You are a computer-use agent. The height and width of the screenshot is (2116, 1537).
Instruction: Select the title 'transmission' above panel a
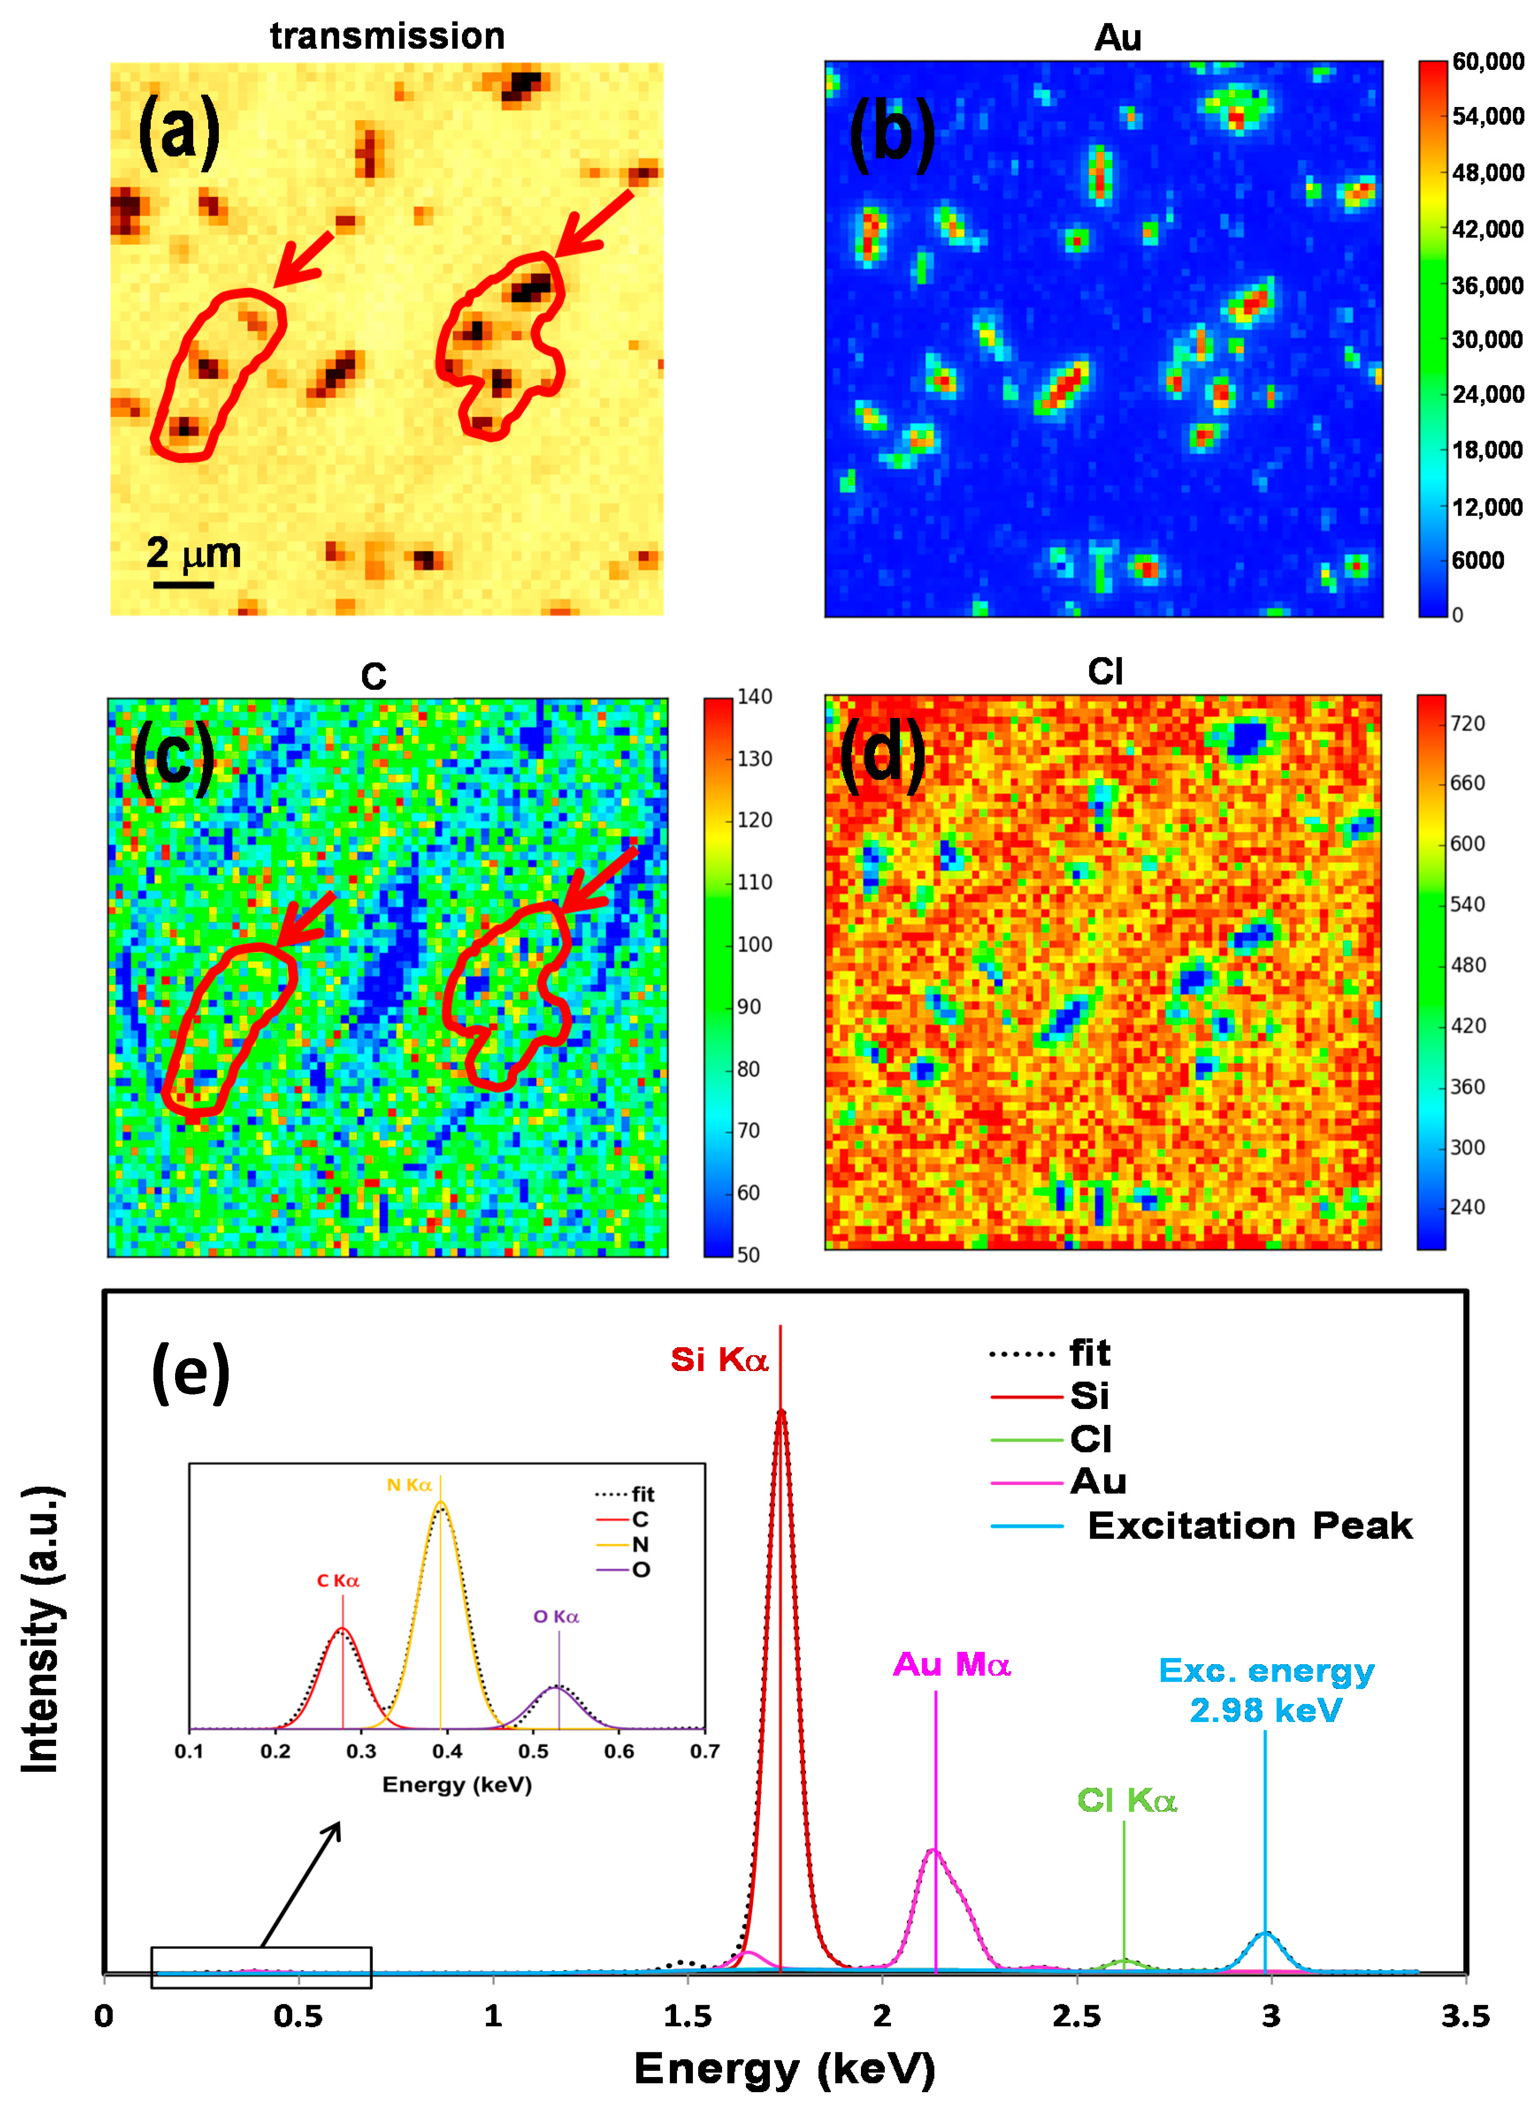[387, 35]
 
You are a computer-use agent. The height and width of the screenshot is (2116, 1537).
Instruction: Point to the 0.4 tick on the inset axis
[447, 1751]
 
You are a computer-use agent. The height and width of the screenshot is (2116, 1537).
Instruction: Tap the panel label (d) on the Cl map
[882, 754]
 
